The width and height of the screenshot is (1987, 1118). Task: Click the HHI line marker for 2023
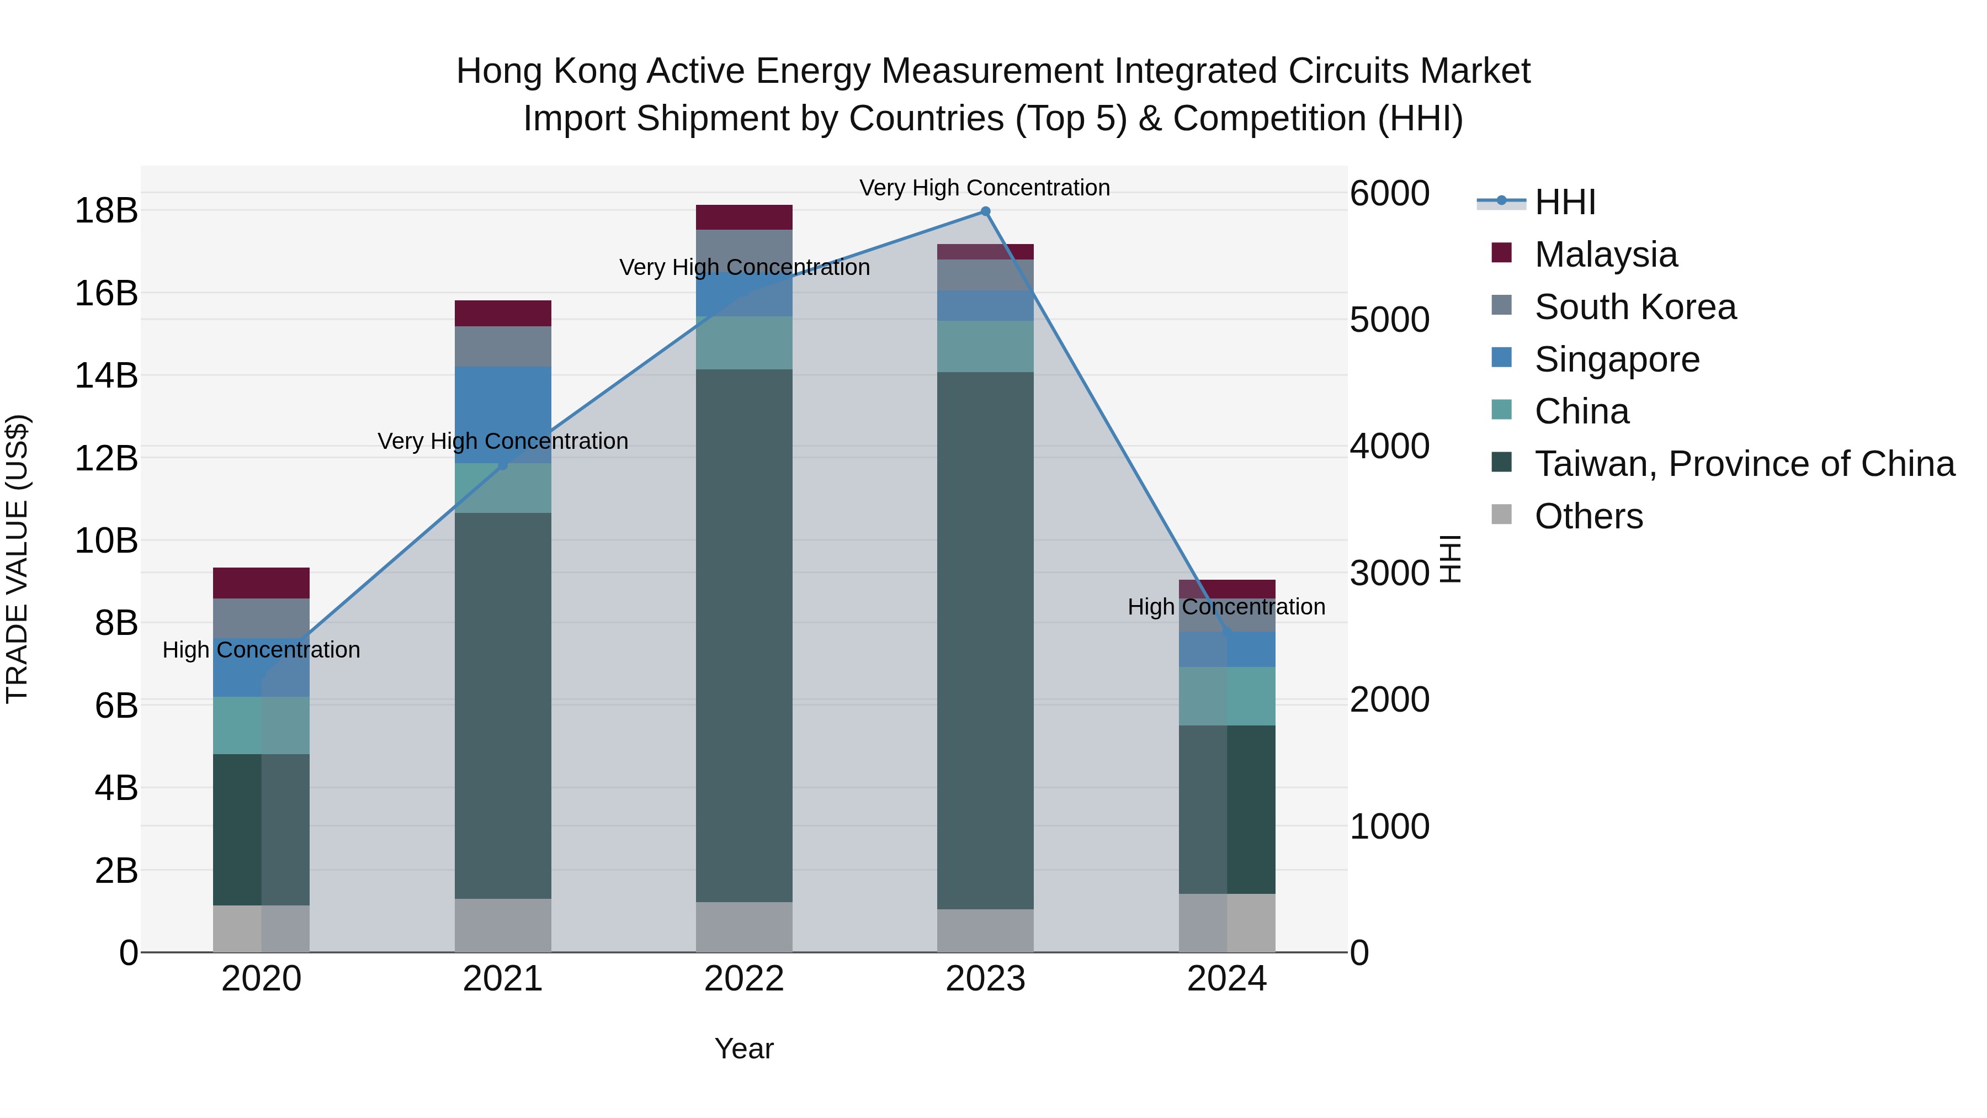(x=985, y=211)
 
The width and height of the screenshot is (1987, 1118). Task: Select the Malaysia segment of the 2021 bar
(x=502, y=313)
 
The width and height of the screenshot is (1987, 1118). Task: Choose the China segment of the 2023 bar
(x=985, y=346)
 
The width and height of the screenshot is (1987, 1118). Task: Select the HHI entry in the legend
(x=1564, y=202)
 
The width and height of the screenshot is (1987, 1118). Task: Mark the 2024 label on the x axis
(x=1226, y=979)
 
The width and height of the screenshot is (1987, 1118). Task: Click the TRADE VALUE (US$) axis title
(x=17, y=559)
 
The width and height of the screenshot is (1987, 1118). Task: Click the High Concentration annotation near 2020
(x=261, y=650)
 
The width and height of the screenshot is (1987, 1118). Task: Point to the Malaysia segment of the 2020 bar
(x=261, y=584)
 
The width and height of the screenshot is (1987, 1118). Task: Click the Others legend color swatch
(x=1501, y=514)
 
